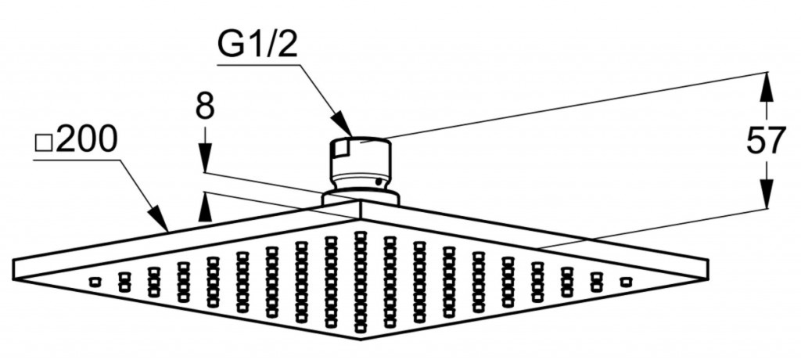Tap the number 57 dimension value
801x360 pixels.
pos(764,142)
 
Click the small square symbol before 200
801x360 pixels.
pos(45,144)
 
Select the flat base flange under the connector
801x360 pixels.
pos(361,196)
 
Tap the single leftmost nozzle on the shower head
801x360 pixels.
pos(95,281)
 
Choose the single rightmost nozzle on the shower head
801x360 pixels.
pos(624,281)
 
